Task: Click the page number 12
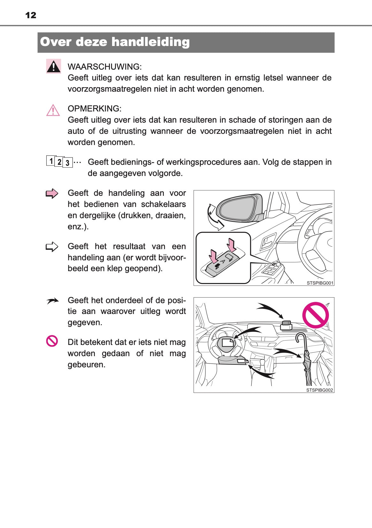31,15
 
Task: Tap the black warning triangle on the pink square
54,66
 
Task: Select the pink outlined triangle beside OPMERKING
53,110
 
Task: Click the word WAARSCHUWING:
104,67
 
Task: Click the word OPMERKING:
94,109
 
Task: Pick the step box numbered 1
51,160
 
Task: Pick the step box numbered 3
67,163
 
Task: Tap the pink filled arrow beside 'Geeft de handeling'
52,194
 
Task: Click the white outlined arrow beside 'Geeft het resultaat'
52,247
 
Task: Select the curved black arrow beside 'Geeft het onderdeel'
52,301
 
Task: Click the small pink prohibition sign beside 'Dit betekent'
52,341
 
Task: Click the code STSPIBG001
320,283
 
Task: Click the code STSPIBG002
319,390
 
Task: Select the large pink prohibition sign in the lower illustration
315,315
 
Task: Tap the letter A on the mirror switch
223,261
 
